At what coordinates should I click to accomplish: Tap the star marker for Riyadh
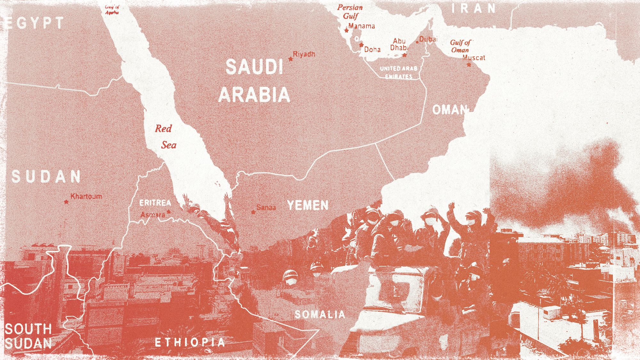[x=291, y=59]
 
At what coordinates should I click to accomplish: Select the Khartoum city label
[x=86, y=196]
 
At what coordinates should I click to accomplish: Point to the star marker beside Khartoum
[x=66, y=202]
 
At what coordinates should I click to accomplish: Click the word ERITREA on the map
[x=155, y=203]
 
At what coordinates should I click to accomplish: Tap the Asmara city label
[x=153, y=214]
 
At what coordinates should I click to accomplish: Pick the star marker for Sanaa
[x=253, y=212]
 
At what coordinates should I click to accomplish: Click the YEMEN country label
[x=308, y=205]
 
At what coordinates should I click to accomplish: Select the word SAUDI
[x=254, y=67]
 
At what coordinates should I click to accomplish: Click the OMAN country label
[x=450, y=110]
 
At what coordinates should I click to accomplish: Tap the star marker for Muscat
[x=469, y=65]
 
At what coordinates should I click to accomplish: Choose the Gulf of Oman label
[x=460, y=46]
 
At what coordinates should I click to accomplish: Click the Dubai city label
[x=428, y=39]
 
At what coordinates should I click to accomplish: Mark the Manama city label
[x=362, y=26]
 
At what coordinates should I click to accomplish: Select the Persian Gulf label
[x=350, y=12]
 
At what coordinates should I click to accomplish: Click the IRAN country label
[x=474, y=9]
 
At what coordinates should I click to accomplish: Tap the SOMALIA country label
[x=320, y=315]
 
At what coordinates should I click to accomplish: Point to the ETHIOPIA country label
[x=190, y=342]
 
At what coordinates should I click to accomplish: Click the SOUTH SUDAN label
[x=28, y=336]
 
